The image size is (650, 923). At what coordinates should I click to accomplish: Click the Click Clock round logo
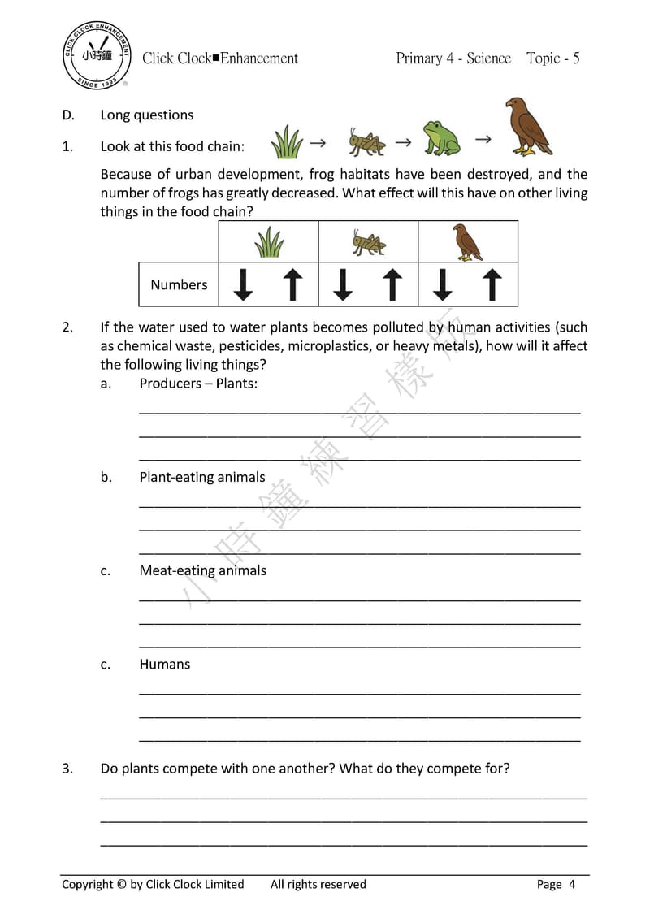97,57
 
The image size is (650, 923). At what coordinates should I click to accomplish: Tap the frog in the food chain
441,138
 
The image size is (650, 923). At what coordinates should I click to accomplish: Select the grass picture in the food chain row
286,142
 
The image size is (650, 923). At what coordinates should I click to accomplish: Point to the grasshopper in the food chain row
366,142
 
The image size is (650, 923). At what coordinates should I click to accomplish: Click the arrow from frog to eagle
483,140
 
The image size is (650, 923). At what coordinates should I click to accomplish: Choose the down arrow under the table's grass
243,284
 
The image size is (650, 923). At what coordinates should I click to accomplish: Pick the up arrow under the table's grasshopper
393,284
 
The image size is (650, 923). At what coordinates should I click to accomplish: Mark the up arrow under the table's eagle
492,284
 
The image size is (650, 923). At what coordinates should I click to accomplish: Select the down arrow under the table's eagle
442,284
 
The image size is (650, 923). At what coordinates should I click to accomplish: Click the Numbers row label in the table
179,285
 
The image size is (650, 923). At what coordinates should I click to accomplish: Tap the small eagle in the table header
466,242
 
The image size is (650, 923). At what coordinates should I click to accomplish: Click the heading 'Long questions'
147,115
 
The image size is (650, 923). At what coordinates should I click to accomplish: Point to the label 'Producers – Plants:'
198,383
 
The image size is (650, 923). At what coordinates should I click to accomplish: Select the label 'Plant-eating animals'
202,477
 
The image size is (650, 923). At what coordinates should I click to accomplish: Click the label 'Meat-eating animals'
202,570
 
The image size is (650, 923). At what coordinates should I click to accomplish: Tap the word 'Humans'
164,664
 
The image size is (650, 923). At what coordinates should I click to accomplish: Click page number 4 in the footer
572,884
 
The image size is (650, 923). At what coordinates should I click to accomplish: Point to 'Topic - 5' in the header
552,58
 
